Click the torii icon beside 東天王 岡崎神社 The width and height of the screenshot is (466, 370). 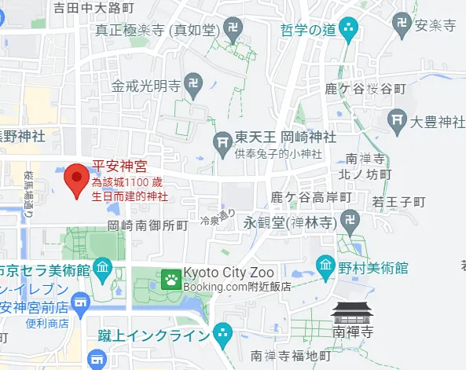pyautogui.click(x=223, y=141)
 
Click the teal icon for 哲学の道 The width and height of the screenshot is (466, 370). pyautogui.click(x=350, y=29)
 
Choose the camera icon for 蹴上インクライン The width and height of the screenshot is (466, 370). pyautogui.click(x=223, y=334)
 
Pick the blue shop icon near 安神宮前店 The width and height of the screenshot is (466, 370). pyautogui.click(x=80, y=302)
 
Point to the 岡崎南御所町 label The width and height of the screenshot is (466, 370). pyautogui.click(x=149, y=225)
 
